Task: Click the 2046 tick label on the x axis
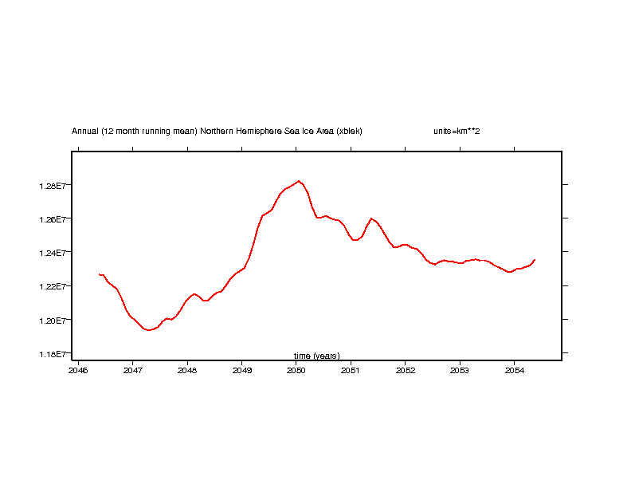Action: [x=78, y=370]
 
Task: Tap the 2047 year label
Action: [x=132, y=370]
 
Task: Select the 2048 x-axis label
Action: [x=187, y=370]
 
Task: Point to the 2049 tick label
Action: [x=241, y=370]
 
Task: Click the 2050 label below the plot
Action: [x=296, y=370]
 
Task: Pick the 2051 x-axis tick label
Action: [x=351, y=370]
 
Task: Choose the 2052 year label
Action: [x=405, y=370]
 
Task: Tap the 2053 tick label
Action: [x=459, y=370]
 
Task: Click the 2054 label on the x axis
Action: [x=514, y=370]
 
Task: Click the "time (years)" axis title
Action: [x=316, y=356]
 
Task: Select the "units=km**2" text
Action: [x=456, y=131]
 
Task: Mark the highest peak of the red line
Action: [x=299, y=181]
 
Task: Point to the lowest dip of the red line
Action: [x=148, y=330]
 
